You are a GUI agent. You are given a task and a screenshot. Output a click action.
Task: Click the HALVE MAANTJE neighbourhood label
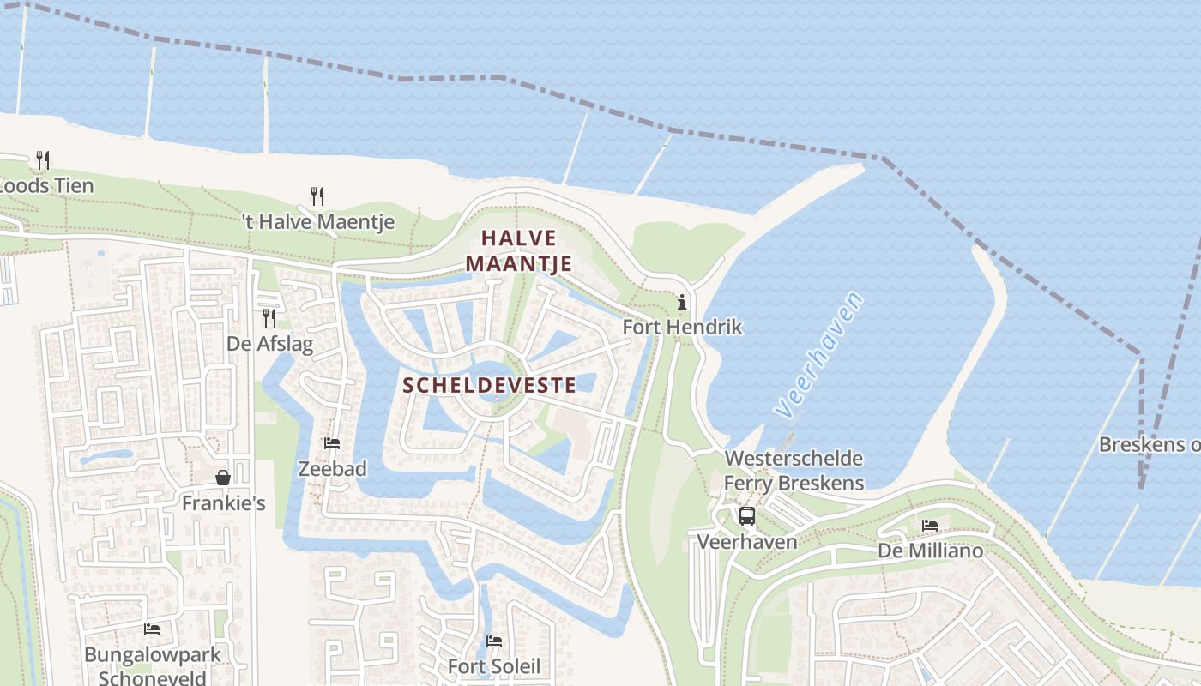pos(518,250)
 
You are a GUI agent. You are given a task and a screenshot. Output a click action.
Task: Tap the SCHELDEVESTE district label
pos(489,385)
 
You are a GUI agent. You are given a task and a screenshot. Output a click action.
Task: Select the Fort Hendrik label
pos(682,327)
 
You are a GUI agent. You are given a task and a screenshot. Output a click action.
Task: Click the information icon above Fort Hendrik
pos(682,302)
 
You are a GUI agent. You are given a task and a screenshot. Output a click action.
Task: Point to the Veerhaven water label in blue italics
pos(818,355)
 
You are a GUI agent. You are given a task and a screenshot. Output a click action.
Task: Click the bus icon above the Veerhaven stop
pos(746,516)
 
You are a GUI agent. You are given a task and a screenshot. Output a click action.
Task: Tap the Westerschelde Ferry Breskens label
pos(794,471)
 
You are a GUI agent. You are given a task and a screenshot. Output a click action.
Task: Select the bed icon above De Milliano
pos(930,526)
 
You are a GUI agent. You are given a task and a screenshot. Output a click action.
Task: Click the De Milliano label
pos(930,551)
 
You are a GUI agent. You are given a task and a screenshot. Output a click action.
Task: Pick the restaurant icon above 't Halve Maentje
pos(317,196)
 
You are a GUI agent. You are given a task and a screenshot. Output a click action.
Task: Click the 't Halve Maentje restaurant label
pos(317,222)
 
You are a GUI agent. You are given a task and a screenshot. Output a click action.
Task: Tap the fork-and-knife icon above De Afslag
pos(269,318)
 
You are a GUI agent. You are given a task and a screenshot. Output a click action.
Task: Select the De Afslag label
pos(269,344)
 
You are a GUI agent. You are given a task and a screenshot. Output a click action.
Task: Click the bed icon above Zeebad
pos(332,443)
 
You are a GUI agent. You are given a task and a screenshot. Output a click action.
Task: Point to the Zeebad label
pos(332,469)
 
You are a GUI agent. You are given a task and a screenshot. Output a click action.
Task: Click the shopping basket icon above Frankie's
pos(223,478)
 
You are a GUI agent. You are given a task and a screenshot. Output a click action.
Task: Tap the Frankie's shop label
pos(223,503)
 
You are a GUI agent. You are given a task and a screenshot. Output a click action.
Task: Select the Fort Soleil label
pos(494,666)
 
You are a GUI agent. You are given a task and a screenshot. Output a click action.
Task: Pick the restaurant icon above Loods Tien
pos(43,159)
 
